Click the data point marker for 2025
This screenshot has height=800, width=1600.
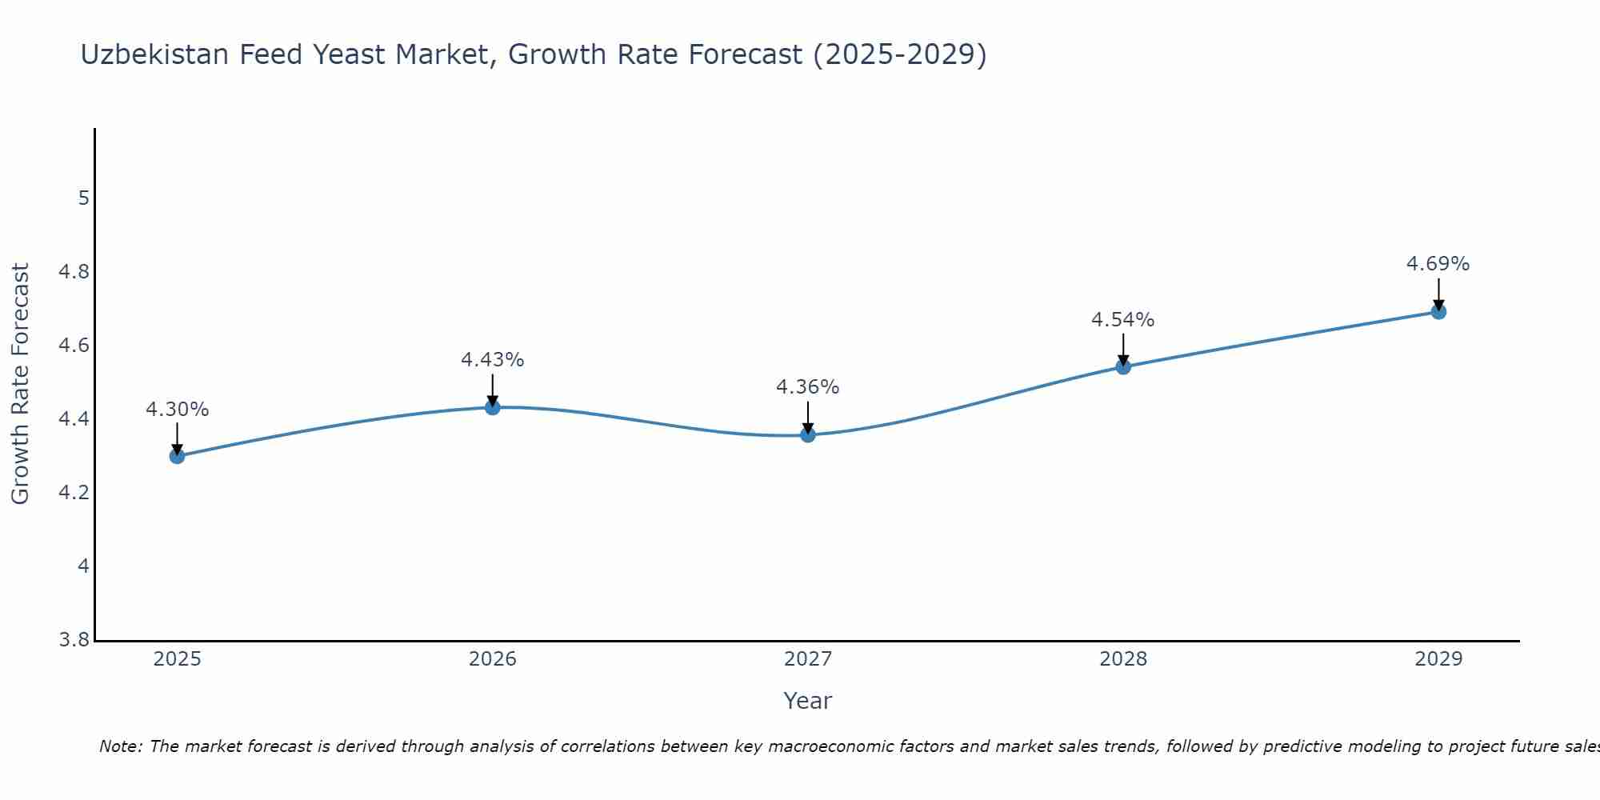177,456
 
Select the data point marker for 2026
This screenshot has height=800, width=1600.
493,407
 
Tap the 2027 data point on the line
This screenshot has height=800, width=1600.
808,434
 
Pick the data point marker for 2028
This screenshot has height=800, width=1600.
1123,366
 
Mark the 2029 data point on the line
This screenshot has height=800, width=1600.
1438,311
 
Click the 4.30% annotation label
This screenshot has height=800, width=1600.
177,410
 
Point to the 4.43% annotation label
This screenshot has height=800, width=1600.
493,360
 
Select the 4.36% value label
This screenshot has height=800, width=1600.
808,387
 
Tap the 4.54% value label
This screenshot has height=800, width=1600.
1123,320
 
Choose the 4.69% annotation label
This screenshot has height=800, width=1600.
1438,264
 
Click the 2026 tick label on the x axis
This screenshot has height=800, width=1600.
493,659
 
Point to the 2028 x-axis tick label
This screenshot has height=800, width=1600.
1123,659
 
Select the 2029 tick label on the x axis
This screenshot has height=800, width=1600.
1438,659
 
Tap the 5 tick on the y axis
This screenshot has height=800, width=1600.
83,198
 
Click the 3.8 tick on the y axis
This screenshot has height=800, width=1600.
74,640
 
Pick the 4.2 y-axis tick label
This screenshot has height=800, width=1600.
74,493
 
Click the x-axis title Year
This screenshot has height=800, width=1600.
808,701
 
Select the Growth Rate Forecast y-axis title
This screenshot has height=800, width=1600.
20,384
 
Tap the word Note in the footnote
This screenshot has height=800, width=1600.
120,746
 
